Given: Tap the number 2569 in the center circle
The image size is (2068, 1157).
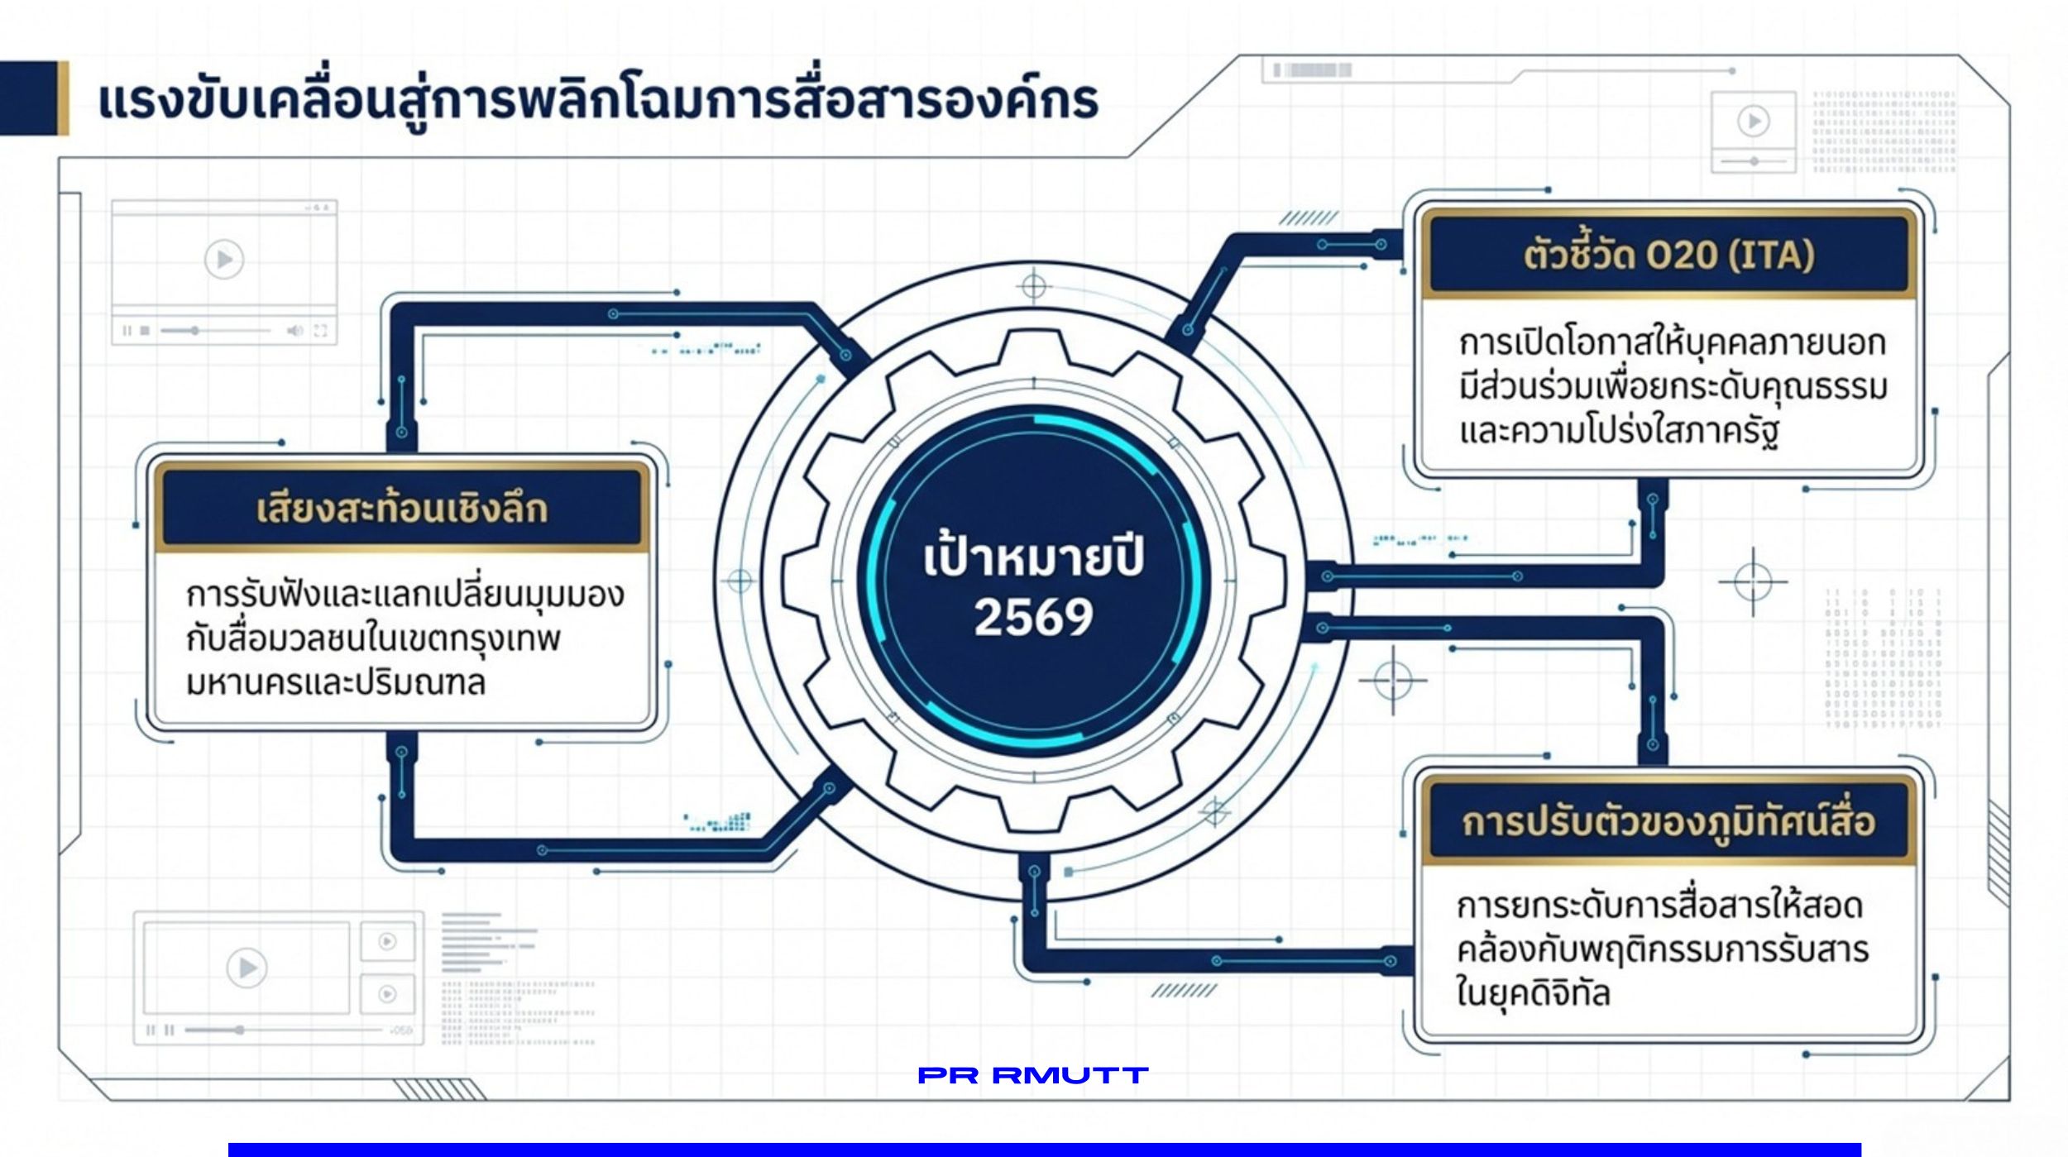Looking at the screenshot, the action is (x=1034, y=617).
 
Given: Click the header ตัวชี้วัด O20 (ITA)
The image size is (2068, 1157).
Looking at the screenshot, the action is (x=1668, y=254).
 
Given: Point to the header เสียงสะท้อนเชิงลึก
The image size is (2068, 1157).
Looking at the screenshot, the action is (x=402, y=508).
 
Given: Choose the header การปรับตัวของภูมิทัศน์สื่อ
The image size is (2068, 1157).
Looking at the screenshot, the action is (x=1668, y=821).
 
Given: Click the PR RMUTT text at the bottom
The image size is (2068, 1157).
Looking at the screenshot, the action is (x=1033, y=1075).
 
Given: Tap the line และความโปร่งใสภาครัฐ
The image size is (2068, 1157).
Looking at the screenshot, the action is (x=1619, y=431).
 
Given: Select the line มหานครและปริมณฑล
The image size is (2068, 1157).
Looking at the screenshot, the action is (x=335, y=683).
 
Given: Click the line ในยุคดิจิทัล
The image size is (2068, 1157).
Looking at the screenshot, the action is (x=1533, y=992).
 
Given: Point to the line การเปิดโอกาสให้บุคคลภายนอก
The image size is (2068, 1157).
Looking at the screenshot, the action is (x=1672, y=342).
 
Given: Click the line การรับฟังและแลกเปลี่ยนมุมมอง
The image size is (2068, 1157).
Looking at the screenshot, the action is (x=405, y=595).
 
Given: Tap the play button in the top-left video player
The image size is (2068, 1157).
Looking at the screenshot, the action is (x=224, y=260).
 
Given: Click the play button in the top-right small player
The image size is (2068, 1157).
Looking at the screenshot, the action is (x=1753, y=122).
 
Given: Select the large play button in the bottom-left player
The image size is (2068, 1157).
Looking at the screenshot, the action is (x=247, y=968).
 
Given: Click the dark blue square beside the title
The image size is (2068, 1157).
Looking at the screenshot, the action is (x=29, y=98).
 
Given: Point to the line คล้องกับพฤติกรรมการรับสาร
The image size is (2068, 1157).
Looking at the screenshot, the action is (x=1663, y=949).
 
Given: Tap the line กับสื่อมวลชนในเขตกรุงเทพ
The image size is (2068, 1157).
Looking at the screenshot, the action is (x=373, y=639).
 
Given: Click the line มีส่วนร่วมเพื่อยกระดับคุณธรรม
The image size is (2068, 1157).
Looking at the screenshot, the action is (x=1673, y=386).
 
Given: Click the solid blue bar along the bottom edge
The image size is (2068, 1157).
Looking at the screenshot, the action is (x=1045, y=1150).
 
